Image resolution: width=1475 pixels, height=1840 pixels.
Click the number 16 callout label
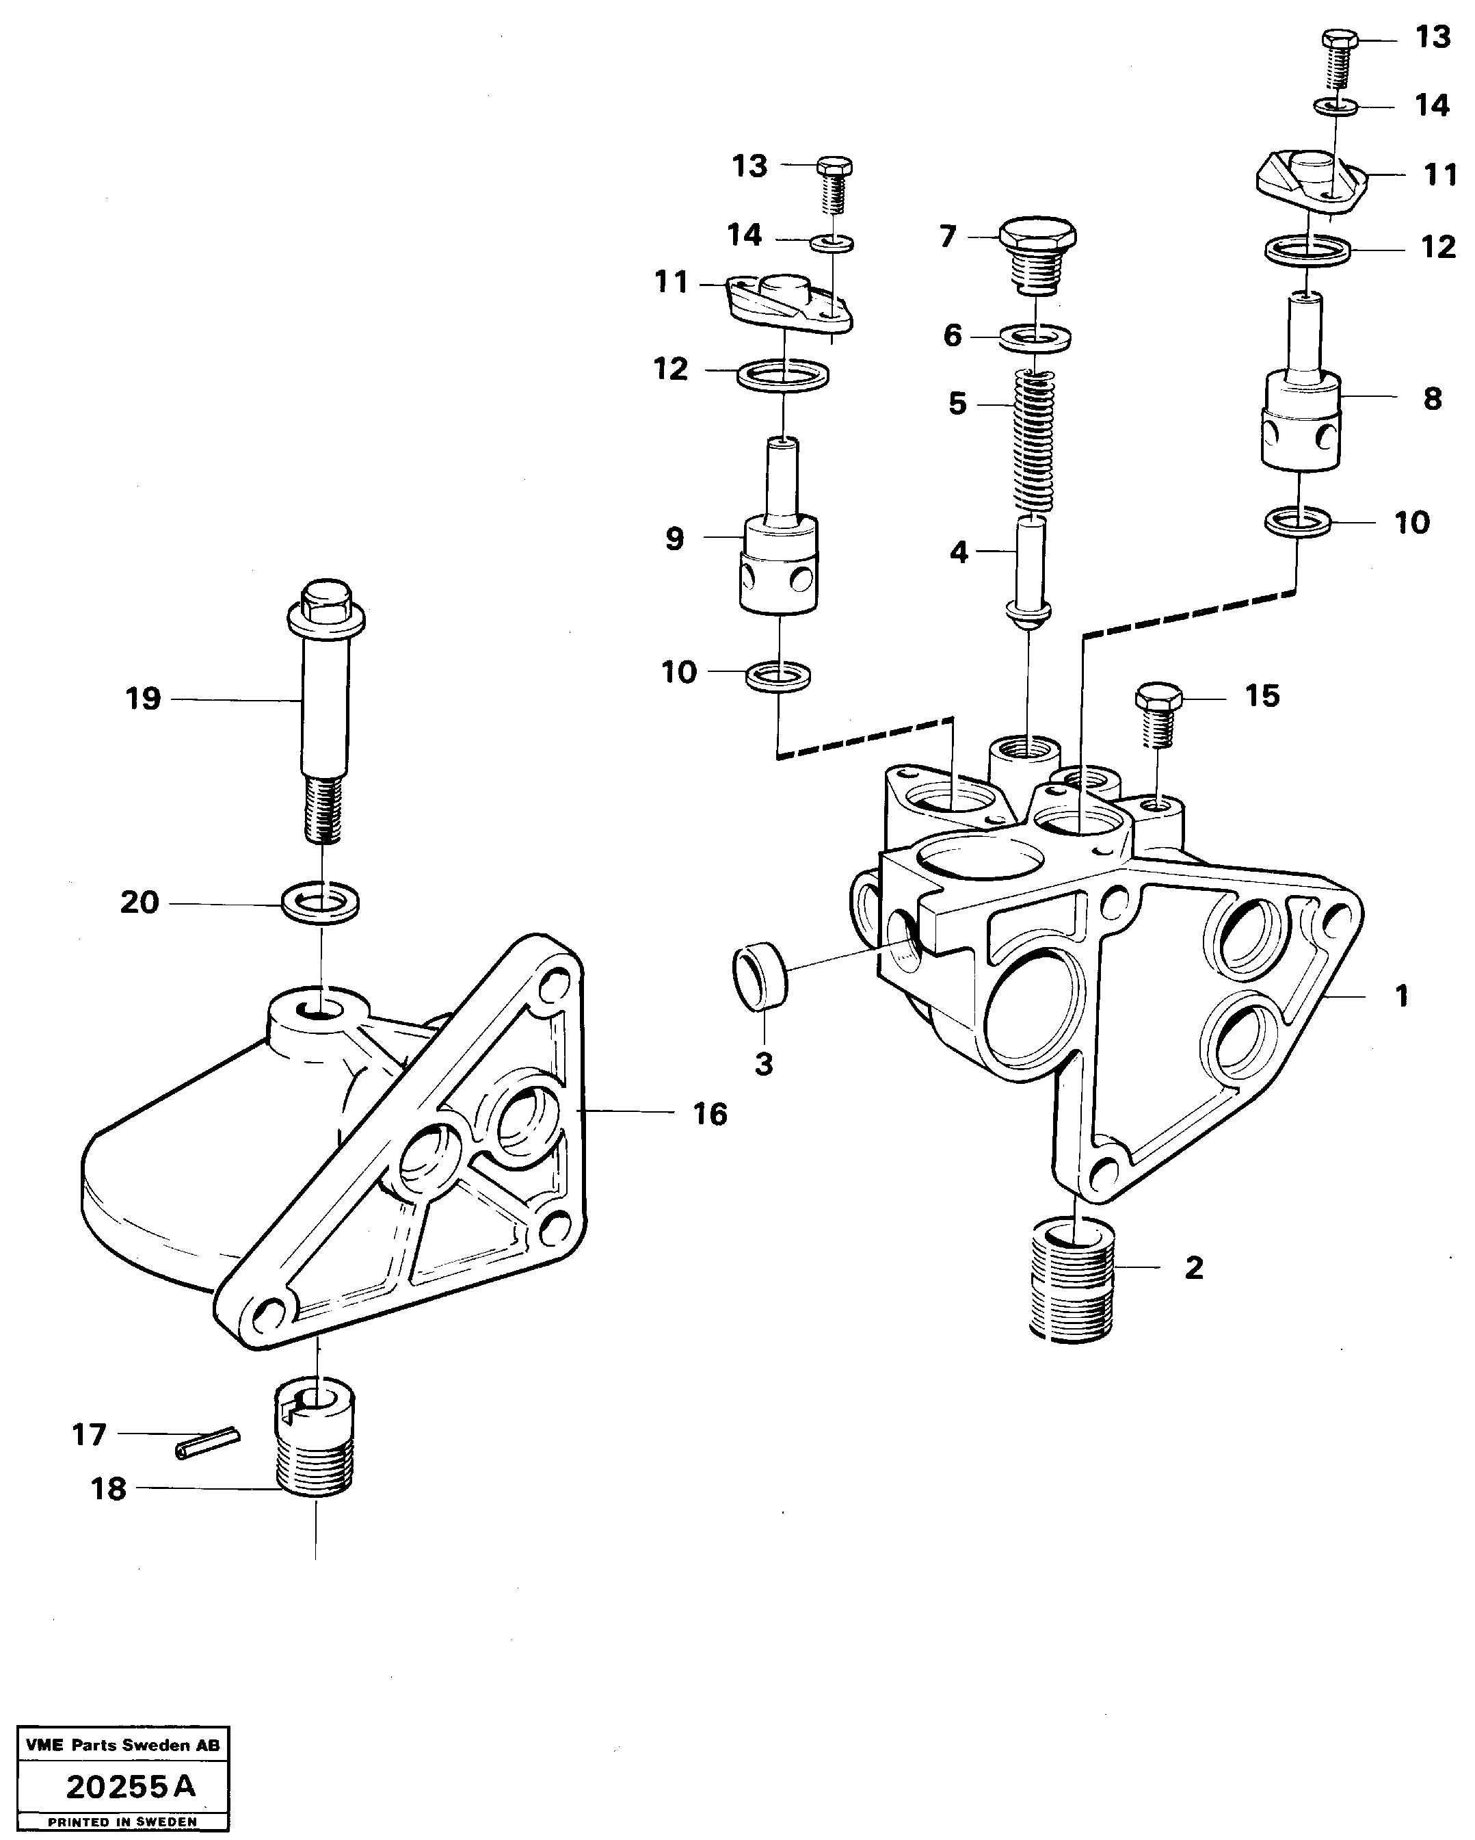(710, 1114)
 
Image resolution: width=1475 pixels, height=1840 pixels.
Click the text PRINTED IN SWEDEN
(122, 1822)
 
